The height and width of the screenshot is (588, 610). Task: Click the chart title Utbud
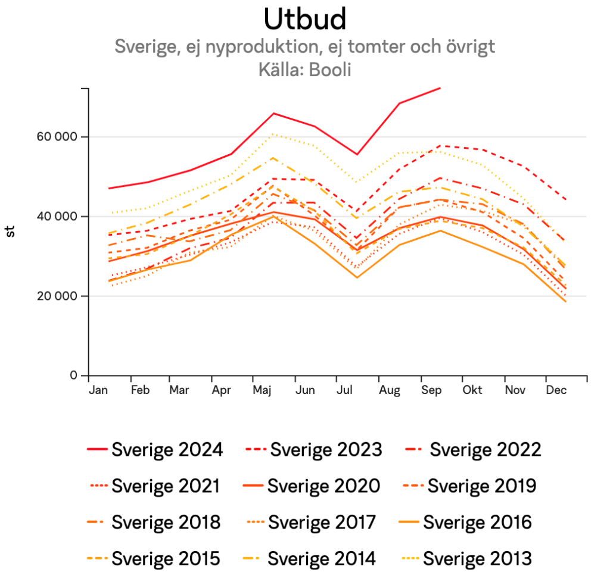[x=304, y=19]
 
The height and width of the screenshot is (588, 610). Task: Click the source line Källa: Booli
[x=304, y=69]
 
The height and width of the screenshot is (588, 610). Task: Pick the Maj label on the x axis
[x=263, y=390]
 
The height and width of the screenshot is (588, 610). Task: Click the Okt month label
[x=472, y=390]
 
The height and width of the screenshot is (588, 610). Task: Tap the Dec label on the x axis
[x=556, y=390]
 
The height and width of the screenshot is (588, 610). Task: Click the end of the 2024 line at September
[x=440, y=88]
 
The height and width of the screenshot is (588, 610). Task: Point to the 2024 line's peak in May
[x=273, y=113]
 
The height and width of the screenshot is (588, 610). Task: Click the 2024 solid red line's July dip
[x=356, y=154]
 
